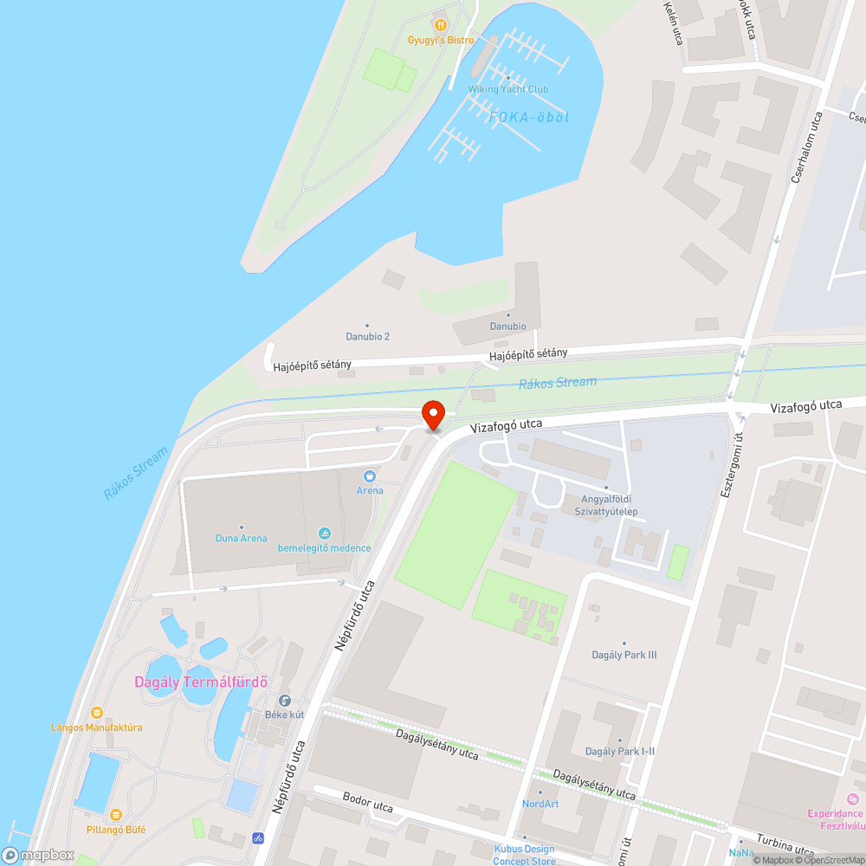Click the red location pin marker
tap(432, 414)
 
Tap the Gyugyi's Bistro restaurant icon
tap(441, 25)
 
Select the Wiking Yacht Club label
tap(508, 89)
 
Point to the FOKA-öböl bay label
tap(529, 117)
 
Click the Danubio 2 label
tap(367, 336)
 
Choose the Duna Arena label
tap(241, 538)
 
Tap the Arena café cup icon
tap(370, 476)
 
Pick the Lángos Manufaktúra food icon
tap(97, 713)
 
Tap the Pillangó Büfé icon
tap(115, 815)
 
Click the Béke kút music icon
tap(284, 701)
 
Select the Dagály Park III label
tap(624, 655)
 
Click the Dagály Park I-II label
tap(620, 751)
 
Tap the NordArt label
tap(540, 803)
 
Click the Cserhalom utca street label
tap(805, 146)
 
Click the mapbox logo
tap(38, 855)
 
